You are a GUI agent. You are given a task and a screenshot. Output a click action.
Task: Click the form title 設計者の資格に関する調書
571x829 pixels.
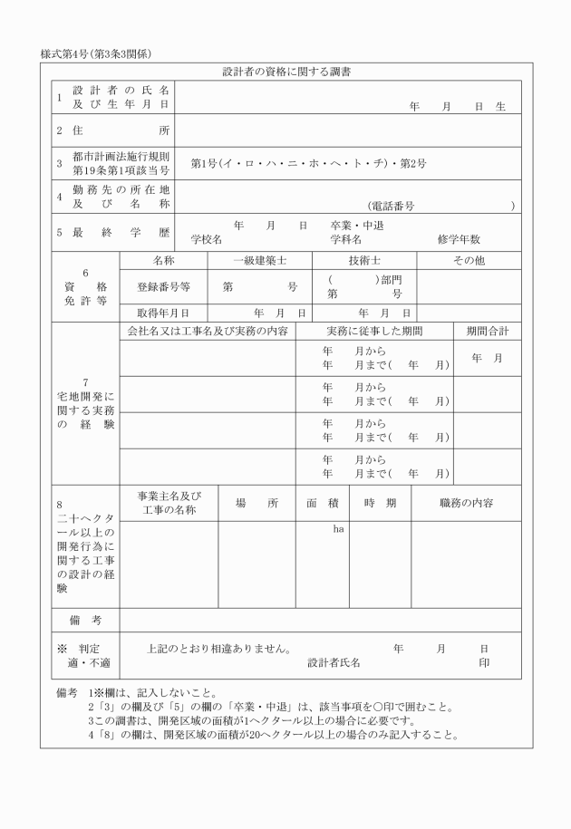(286, 71)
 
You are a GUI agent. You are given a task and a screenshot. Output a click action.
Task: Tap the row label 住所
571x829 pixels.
(112, 130)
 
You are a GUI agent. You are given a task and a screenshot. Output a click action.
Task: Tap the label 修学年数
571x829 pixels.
(459, 240)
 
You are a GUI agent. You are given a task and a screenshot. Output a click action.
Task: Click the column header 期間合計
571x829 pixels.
(488, 332)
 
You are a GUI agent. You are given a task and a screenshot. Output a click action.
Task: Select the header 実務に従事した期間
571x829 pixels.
(374, 332)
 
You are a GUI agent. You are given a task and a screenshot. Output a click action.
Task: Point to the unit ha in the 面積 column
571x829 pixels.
(338, 528)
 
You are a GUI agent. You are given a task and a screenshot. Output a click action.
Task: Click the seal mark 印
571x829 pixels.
(485, 662)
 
